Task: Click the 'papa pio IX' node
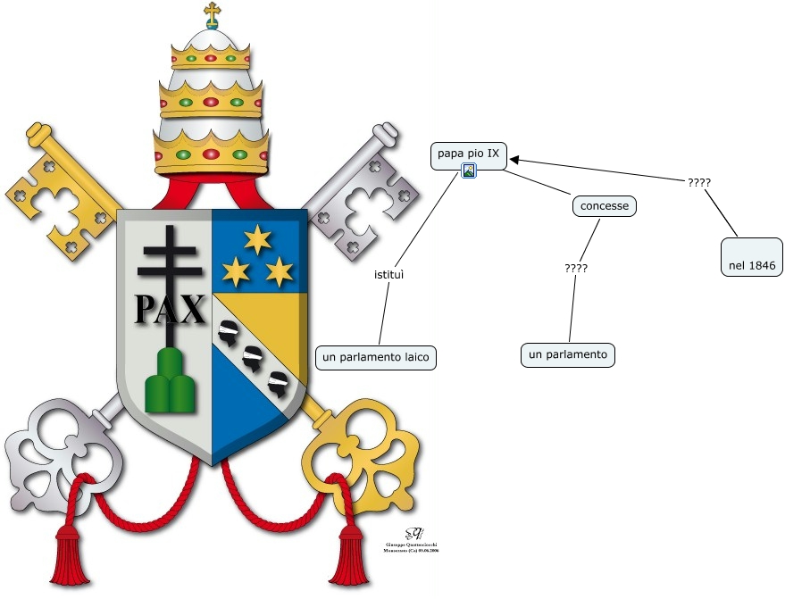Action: [x=468, y=154]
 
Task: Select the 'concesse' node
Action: [x=604, y=206]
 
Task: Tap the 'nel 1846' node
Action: [x=751, y=265]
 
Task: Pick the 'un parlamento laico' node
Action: [x=375, y=357]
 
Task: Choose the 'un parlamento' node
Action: [x=568, y=354]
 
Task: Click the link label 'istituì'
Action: [x=389, y=273]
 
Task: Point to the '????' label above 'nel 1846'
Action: [x=699, y=182]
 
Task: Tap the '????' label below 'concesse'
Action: [x=576, y=268]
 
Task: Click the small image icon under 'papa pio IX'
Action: [x=468, y=171]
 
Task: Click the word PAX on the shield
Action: [x=170, y=309]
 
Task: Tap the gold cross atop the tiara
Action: [x=212, y=13]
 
